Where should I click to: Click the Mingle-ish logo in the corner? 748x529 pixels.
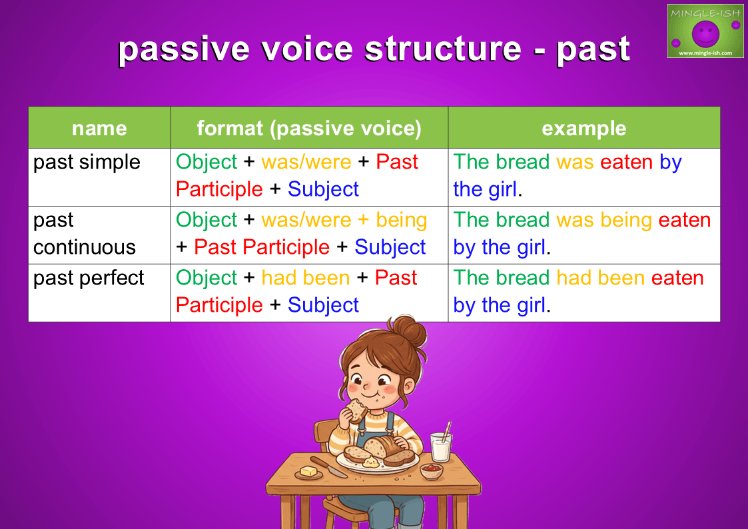[x=705, y=31]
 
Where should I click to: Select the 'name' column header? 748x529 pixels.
[x=99, y=128]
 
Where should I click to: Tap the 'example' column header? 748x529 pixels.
[x=584, y=128]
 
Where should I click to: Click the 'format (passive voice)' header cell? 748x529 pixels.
[x=309, y=128]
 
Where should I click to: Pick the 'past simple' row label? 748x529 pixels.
[x=87, y=162]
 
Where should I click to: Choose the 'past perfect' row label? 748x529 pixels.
[x=89, y=278]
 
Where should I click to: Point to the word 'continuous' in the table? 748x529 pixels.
[x=85, y=247]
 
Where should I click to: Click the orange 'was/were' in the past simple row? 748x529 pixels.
[x=306, y=162]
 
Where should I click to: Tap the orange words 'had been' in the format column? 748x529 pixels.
[x=306, y=278]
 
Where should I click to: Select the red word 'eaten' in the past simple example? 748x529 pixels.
[x=626, y=162]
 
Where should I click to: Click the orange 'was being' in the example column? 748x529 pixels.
[x=604, y=221]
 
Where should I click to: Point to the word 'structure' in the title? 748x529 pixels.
[x=443, y=49]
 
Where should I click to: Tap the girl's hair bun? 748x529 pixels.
[x=408, y=329]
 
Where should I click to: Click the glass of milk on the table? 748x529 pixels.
[x=440, y=446]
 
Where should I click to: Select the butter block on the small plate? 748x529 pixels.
[x=308, y=471]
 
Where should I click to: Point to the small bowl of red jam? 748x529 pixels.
[x=431, y=471]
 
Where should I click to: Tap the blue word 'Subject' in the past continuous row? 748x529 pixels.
[x=390, y=248]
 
